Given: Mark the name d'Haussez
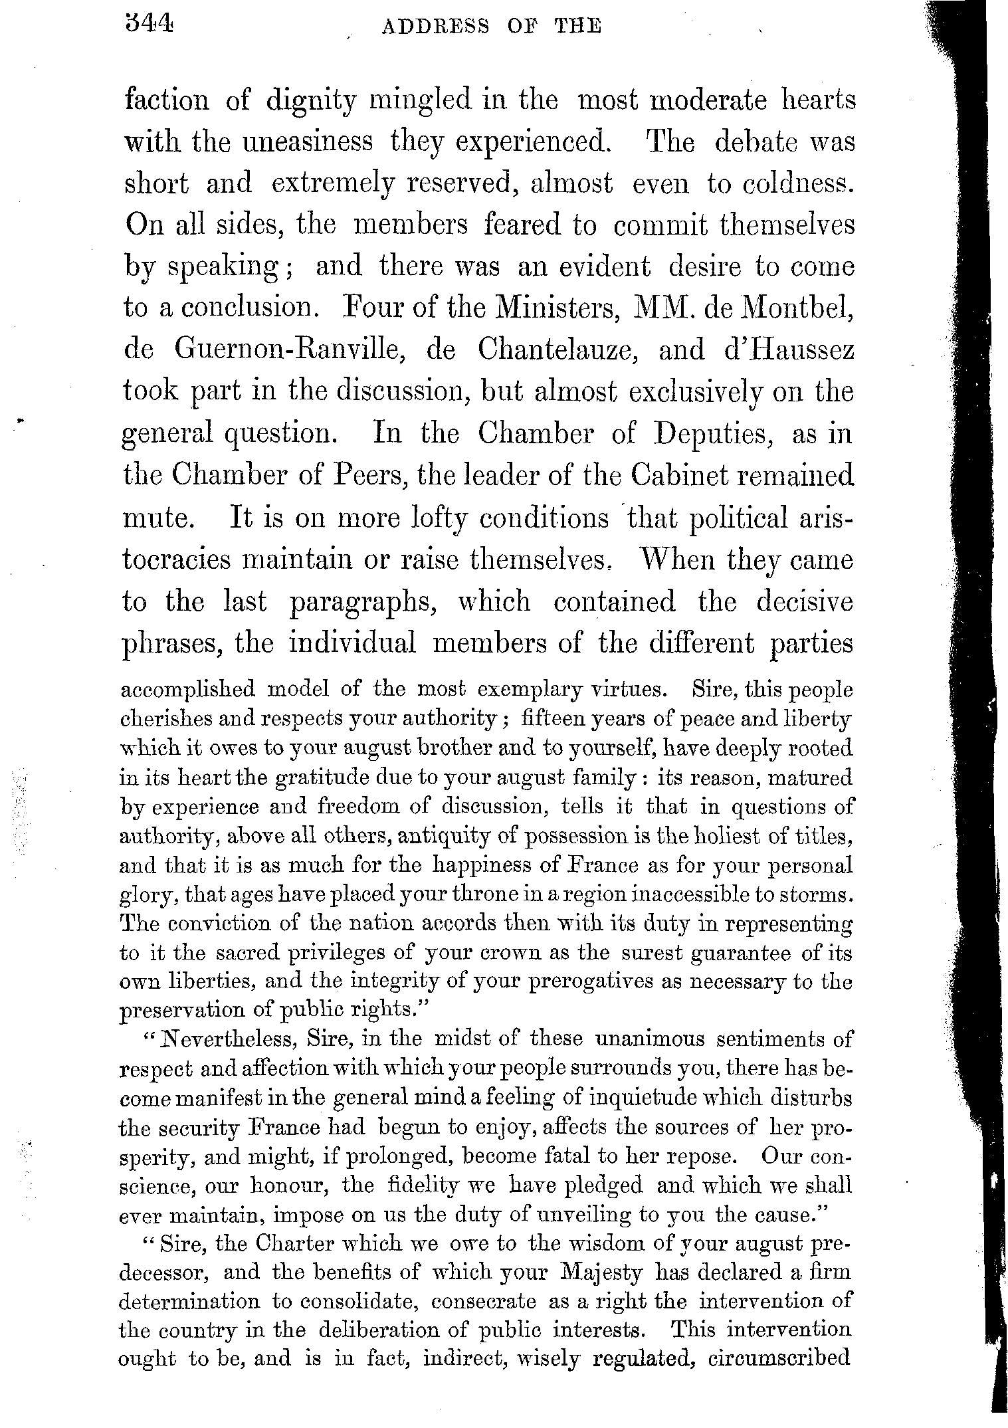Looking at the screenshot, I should tap(789, 350).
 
